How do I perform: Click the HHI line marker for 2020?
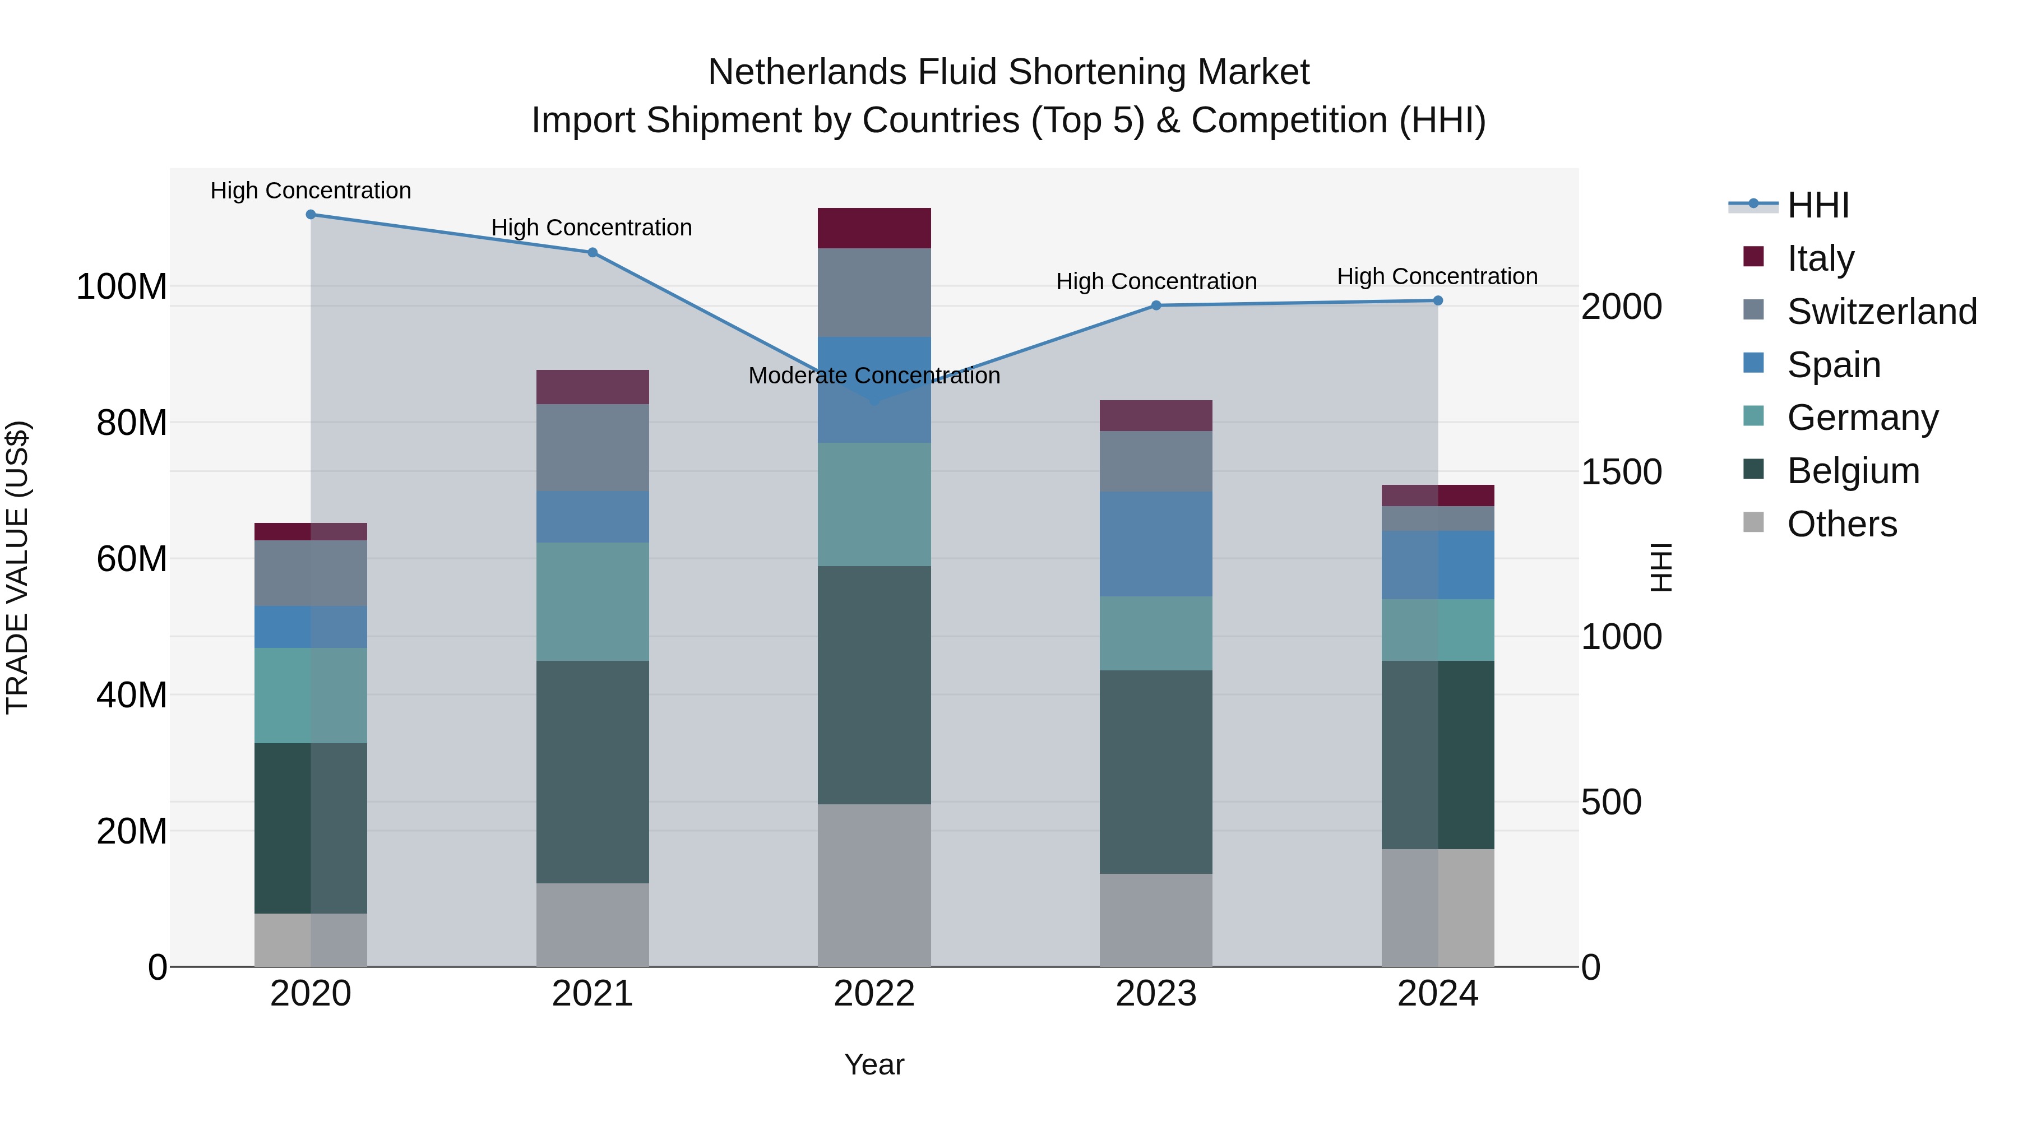point(311,214)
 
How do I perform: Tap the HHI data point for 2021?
point(593,252)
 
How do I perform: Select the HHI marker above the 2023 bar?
point(1156,305)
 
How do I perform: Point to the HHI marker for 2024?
point(1437,301)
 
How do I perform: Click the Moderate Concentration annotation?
point(874,376)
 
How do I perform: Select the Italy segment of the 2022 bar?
point(874,228)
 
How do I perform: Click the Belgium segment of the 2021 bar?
point(593,772)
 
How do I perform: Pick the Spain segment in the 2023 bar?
point(1156,544)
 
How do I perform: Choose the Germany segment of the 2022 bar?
point(874,504)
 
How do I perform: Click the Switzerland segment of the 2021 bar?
point(593,447)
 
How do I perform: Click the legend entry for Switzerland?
point(1881,312)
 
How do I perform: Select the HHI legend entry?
point(1817,205)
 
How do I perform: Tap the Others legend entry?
point(1841,524)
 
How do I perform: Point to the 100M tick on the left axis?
point(122,286)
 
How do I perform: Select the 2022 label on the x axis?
point(874,994)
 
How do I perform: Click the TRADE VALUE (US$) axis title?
point(17,567)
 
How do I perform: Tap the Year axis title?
point(874,1064)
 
